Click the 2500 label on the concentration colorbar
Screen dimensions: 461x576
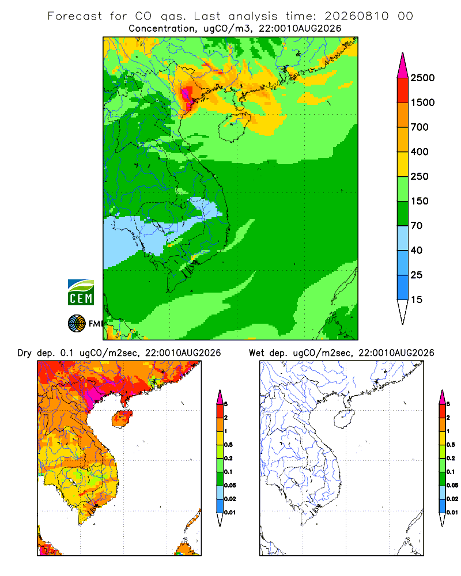tap(422, 78)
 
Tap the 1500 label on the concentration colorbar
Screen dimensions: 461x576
tap(422, 103)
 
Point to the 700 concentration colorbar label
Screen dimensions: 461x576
tap(420, 127)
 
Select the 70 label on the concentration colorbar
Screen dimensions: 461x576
tap(417, 226)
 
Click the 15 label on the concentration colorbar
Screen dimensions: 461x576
tap(417, 300)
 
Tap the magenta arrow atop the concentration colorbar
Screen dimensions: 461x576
tap(403, 66)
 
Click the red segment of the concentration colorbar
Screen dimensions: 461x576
tap(403, 90)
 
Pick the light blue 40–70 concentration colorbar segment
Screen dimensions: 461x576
tap(403, 238)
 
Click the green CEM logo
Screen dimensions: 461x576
tap(81, 293)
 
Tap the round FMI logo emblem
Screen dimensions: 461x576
tap(77, 324)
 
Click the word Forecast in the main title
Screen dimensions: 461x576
tap(75, 16)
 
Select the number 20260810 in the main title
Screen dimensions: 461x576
tap(356, 16)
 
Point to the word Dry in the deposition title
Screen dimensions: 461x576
tap(25, 353)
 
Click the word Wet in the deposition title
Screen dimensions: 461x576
tap(256, 353)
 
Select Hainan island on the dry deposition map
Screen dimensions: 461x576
tap(122, 419)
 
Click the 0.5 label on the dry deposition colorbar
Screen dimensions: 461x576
tap(228, 445)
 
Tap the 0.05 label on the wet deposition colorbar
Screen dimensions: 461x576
tap(452, 485)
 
